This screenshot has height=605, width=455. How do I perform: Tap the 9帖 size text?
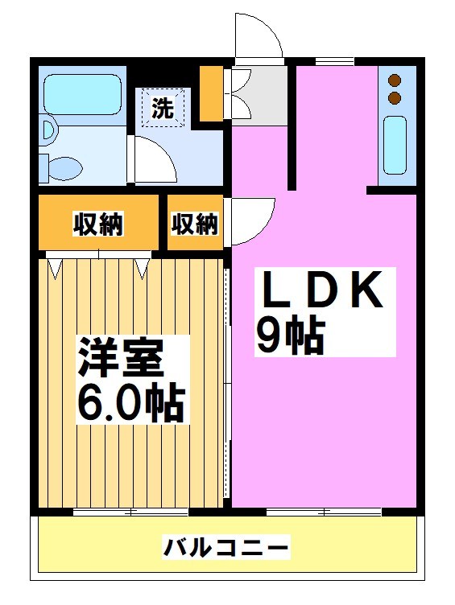[290, 336]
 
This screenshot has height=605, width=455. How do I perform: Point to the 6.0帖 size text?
[130, 401]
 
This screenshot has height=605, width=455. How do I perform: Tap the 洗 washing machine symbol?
[163, 108]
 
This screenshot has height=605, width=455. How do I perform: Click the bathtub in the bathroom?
[81, 97]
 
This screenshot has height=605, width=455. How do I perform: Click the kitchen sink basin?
[395, 145]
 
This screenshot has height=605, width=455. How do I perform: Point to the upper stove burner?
[395, 80]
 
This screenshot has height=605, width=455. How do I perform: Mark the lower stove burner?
[395, 98]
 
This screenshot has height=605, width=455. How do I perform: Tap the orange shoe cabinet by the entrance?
[212, 95]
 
